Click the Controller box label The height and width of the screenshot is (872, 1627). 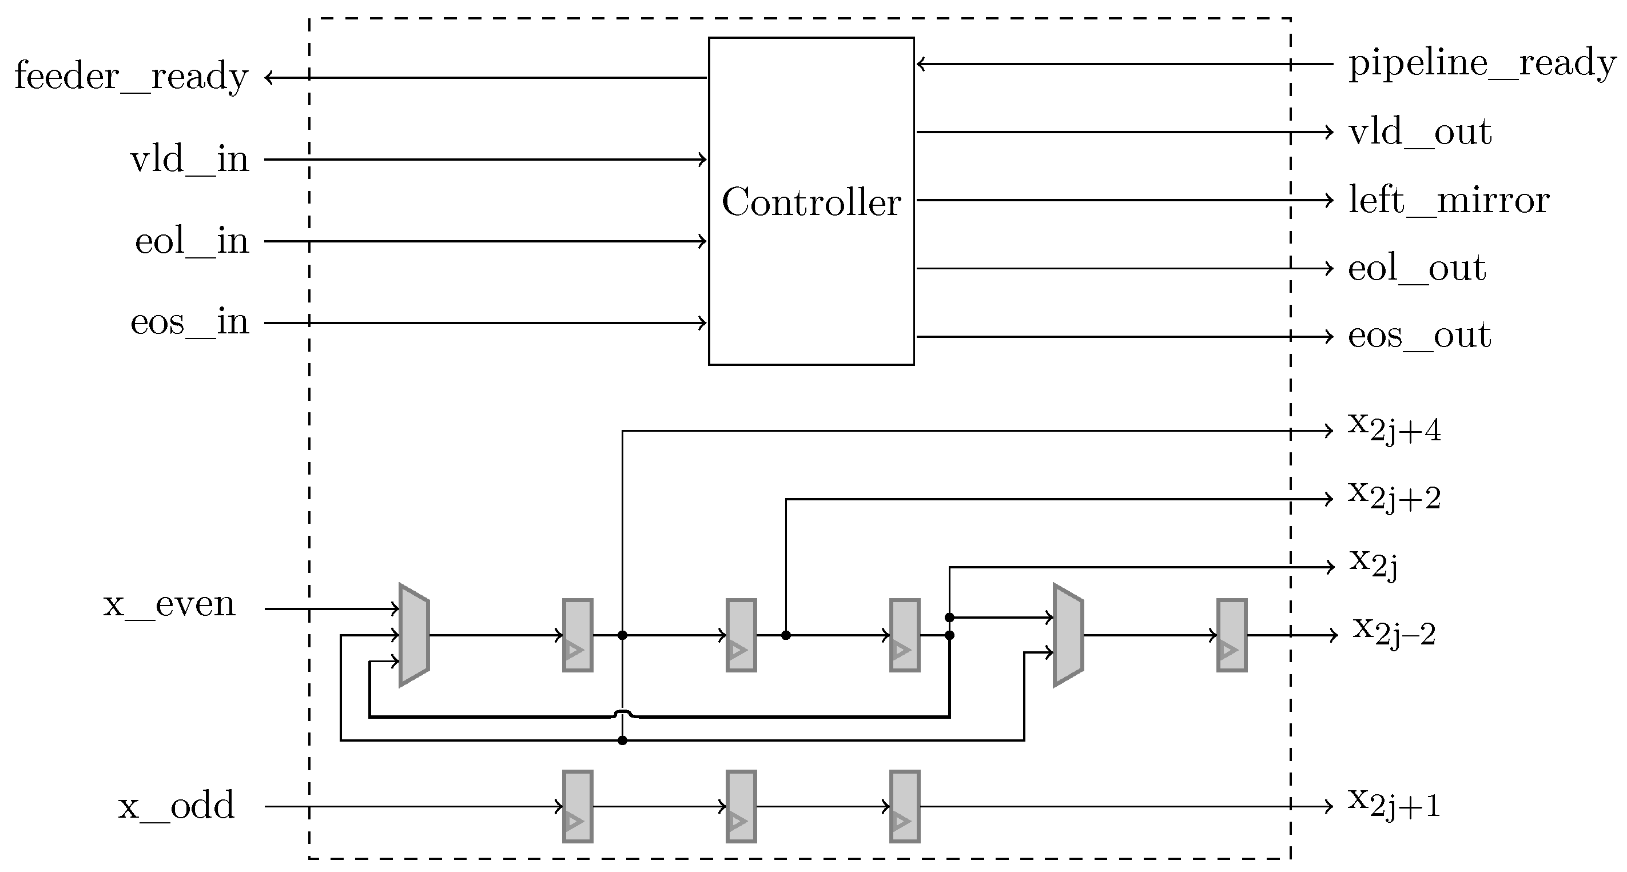pos(811,202)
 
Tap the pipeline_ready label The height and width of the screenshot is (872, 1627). pos(1482,64)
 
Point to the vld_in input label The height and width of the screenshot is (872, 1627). pos(189,159)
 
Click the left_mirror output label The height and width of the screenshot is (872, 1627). pos(1448,200)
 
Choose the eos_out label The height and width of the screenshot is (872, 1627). pos(1419,335)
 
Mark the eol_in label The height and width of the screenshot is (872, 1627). pos(192,241)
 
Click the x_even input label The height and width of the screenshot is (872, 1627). pos(169,604)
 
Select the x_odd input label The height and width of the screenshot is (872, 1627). pos(176,806)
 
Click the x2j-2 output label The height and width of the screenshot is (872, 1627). pos(1394,632)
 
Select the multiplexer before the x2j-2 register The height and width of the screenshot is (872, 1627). pos(1068,635)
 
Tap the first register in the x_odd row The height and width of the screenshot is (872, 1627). pos(577,806)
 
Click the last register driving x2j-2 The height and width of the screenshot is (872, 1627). pos(1232,635)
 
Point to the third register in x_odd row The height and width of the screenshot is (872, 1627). pos(905,806)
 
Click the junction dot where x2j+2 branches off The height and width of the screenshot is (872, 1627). pos(786,635)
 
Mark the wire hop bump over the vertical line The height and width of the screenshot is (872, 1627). pos(622,714)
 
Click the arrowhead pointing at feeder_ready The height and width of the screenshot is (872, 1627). pos(269,78)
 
